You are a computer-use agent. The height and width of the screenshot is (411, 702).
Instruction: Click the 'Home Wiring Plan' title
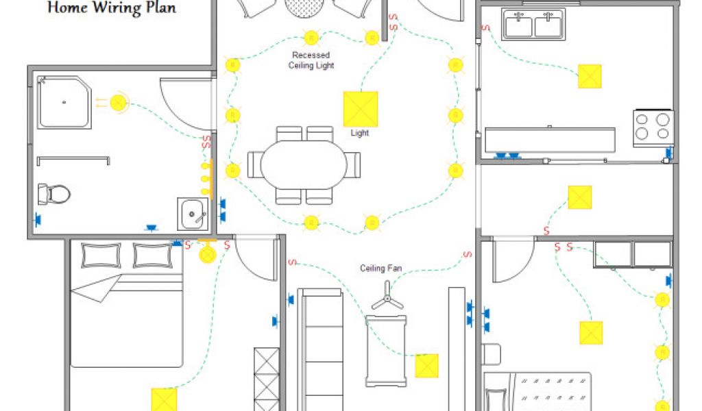click(112, 8)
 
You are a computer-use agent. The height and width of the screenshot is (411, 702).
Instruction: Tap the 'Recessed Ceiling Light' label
click(311, 60)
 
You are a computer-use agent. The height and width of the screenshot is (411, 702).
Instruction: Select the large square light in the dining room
click(360, 109)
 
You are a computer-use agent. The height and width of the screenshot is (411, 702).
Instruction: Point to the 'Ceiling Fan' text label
click(380, 269)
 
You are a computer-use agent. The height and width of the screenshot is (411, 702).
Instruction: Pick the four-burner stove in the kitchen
click(652, 126)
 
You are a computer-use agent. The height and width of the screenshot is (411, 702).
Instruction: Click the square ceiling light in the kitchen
click(590, 76)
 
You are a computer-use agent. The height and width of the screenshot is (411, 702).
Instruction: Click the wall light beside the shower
click(119, 103)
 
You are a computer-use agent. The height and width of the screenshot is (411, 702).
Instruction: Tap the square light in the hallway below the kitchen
click(580, 198)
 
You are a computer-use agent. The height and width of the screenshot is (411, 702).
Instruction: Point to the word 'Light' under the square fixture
click(360, 133)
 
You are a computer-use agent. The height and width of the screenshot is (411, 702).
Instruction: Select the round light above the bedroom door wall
click(207, 254)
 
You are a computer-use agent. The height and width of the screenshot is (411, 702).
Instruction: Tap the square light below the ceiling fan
click(426, 365)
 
